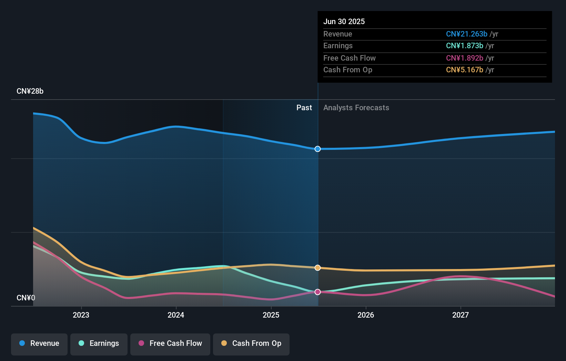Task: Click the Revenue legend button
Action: coord(39,343)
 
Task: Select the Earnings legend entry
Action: coord(99,343)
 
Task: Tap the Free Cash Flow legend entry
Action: coord(170,343)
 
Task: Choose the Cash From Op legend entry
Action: coord(251,343)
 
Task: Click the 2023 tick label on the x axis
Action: coord(81,315)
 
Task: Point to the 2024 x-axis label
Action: coord(176,315)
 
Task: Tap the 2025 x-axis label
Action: coord(271,315)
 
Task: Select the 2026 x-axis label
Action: coord(366,315)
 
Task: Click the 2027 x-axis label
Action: coord(461,315)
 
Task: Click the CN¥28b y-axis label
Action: coord(30,91)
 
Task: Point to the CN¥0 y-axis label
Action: coord(26,298)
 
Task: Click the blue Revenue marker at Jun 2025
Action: coord(318,149)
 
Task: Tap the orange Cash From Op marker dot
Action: coord(318,268)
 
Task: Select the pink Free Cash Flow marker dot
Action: coord(318,292)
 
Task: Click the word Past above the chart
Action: coord(304,108)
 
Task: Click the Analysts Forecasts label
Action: coord(356,108)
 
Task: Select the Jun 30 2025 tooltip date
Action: coord(344,21)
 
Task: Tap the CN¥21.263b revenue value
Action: coord(466,34)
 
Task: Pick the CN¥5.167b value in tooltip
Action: coord(464,70)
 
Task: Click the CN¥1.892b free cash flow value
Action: coord(464,58)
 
